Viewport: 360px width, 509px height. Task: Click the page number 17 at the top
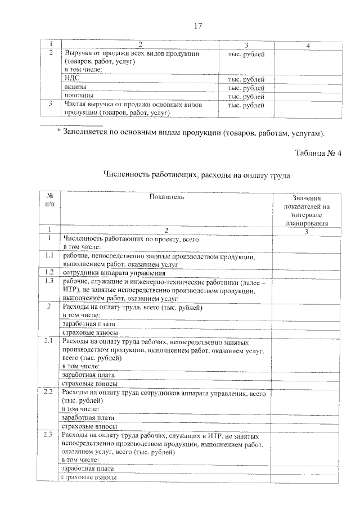point(197,26)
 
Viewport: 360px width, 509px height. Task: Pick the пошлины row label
point(76,96)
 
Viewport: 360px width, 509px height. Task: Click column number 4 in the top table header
point(307,45)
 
